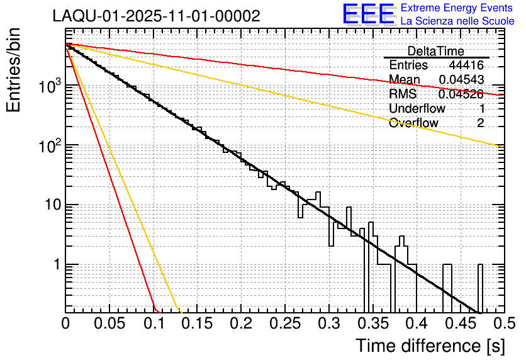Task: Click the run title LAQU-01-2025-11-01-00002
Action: coord(156,16)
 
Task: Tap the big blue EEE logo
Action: coord(368,15)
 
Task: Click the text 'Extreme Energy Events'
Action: coord(457,8)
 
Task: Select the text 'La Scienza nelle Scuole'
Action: coord(457,21)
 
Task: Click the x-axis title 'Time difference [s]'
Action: coord(429,346)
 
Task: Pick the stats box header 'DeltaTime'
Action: coord(436,51)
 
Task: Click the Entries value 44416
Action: coord(466,65)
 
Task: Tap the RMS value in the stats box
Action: coord(461,94)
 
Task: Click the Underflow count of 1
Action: coord(481,108)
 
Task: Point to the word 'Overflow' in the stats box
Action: coord(413,123)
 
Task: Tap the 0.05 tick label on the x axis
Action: coord(109,323)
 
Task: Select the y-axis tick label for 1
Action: coord(55,265)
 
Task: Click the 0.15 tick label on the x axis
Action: coord(197,323)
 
